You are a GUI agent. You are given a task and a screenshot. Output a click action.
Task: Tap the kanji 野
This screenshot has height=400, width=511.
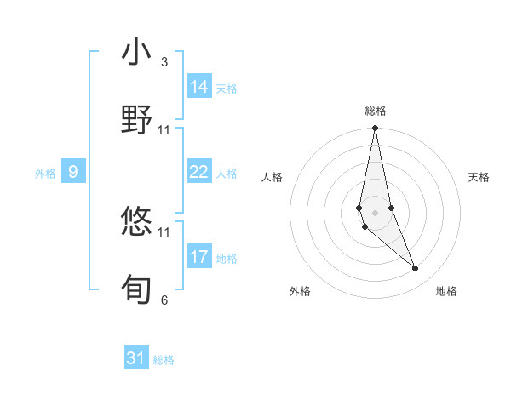pos(137,119)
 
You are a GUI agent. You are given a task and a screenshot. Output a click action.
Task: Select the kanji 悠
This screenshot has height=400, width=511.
pos(137,222)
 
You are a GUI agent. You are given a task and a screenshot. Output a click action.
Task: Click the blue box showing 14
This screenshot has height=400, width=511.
pos(199,87)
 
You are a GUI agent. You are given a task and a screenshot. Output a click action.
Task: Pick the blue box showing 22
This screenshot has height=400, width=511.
pos(199,172)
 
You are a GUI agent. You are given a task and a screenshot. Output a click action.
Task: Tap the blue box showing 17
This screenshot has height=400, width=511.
pos(199,257)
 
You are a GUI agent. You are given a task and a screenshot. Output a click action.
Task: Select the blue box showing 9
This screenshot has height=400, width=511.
pos(73,172)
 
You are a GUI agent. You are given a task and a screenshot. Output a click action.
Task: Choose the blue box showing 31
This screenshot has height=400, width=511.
pos(136,358)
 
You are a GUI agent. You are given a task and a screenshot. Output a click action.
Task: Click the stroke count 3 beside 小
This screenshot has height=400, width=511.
pos(164,62)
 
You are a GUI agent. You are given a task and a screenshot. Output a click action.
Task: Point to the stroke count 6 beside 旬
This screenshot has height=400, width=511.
pos(164,300)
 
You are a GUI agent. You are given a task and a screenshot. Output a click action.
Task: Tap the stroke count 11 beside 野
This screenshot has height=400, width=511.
pos(164,129)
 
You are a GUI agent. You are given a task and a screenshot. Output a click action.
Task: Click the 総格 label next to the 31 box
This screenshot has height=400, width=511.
pos(164,360)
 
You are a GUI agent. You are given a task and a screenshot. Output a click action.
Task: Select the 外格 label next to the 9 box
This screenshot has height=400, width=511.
pos(45,174)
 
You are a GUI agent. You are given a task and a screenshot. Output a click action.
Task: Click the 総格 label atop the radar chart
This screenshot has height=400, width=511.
pos(376,111)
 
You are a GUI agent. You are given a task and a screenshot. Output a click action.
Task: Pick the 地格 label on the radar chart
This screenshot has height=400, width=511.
pos(446,291)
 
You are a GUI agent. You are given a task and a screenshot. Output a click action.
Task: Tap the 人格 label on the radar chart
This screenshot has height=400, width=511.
pos(273,177)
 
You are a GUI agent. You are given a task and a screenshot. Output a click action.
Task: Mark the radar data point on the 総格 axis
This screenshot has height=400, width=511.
pos(375,129)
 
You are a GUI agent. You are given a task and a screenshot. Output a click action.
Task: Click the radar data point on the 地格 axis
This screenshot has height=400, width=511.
pos(416,269)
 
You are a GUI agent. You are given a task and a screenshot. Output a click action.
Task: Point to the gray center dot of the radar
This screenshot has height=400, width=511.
pos(375,212)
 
